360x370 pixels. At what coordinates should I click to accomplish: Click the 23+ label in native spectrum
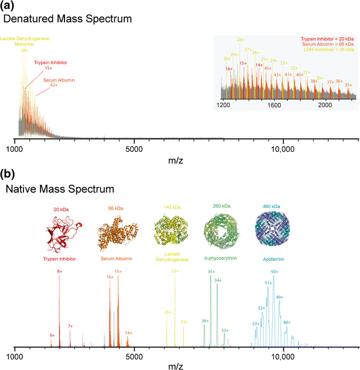[x=175, y=271]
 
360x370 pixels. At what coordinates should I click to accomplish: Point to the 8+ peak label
[x=59, y=271]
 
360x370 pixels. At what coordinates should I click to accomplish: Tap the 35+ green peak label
[x=211, y=272]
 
